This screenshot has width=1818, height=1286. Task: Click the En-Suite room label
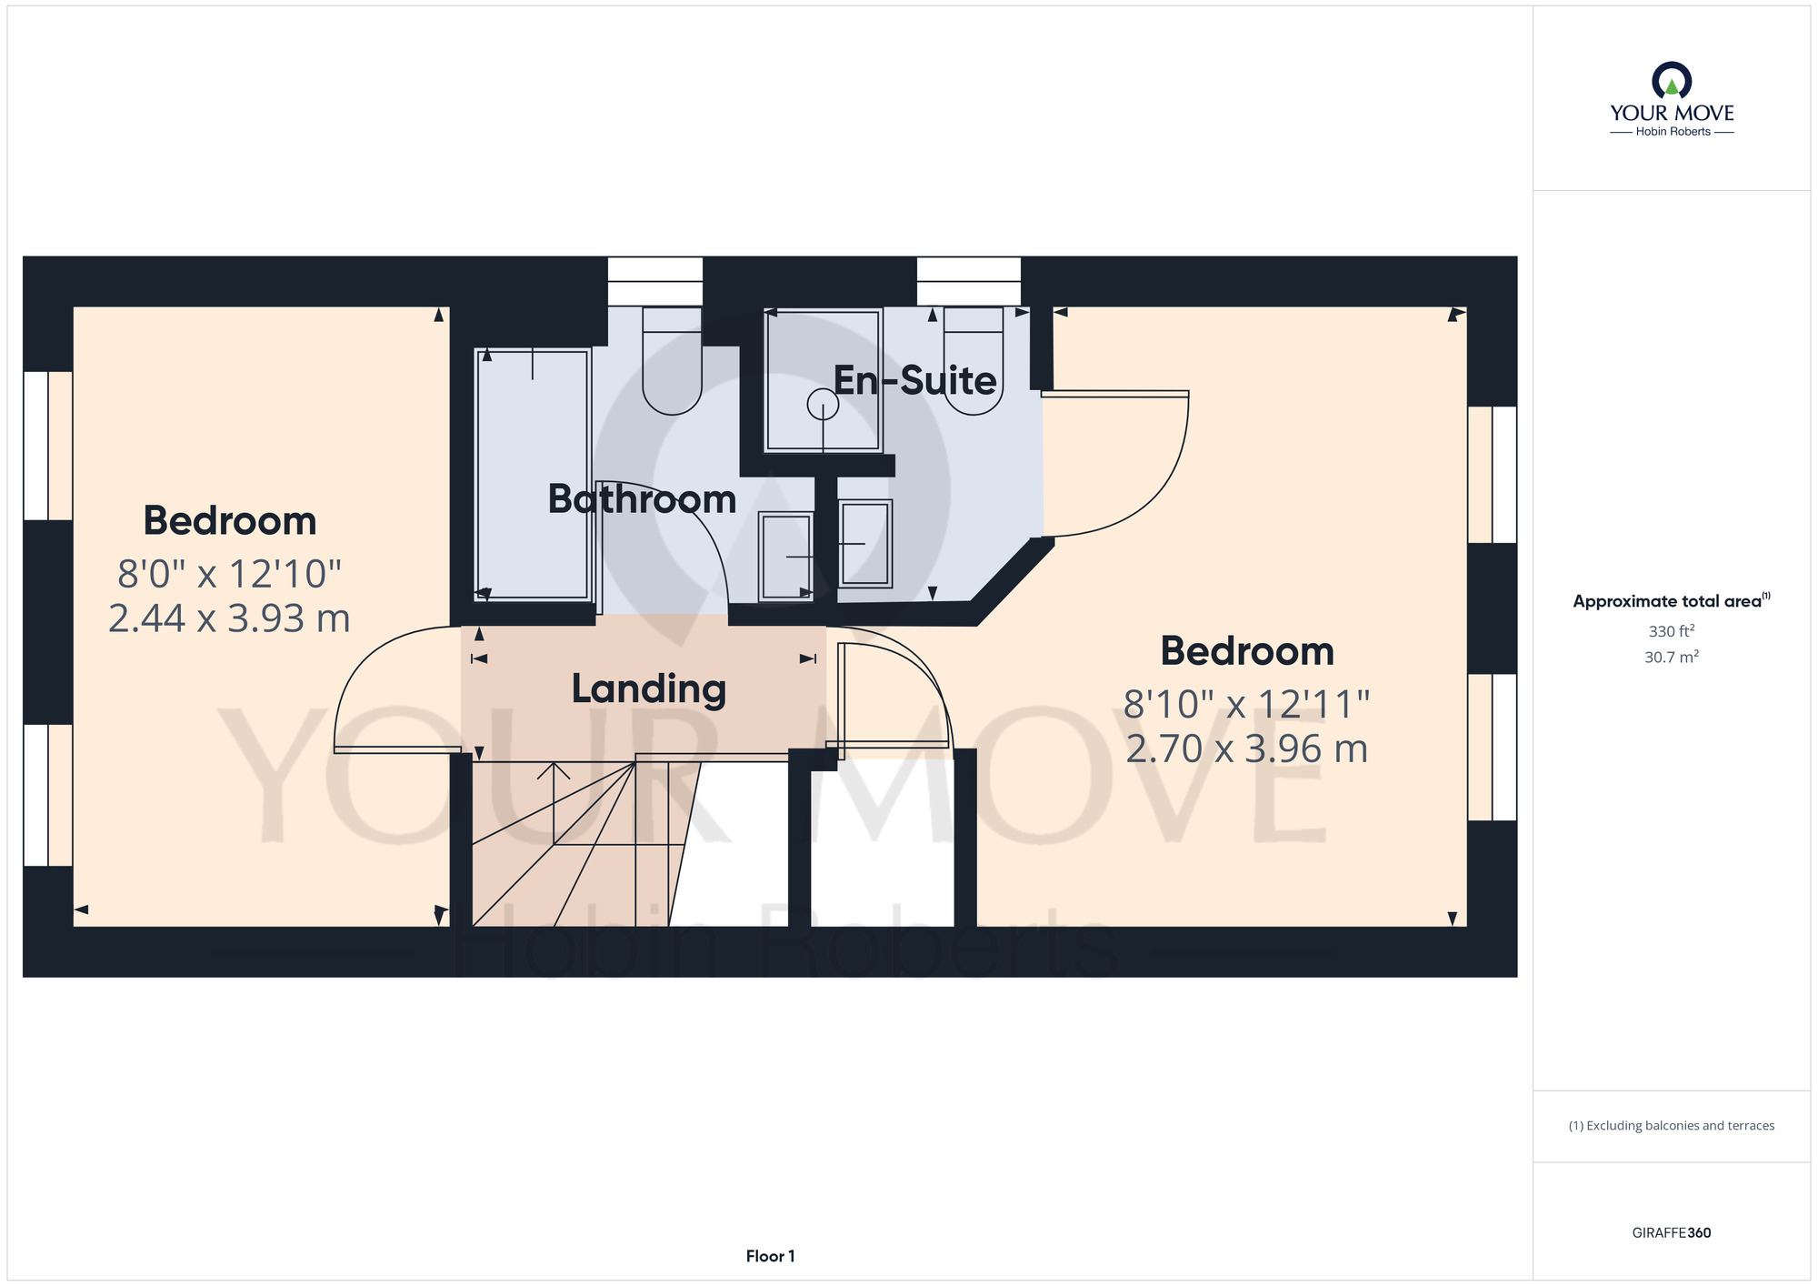[x=914, y=380]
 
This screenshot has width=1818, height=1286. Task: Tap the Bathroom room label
[x=642, y=499]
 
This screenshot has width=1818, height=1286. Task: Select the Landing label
[x=649, y=689]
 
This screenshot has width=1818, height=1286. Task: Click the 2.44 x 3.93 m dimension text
[x=229, y=618]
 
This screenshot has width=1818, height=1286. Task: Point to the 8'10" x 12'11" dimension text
[x=1246, y=704]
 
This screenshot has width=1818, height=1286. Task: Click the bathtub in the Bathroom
[x=533, y=474]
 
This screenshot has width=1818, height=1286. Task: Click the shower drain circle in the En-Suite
[x=823, y=404]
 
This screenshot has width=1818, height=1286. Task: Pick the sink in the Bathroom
[x=786, y=557]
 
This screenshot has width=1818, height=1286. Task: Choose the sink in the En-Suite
[x=865, y=544]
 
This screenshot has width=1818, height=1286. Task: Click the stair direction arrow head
[x=554, y=771]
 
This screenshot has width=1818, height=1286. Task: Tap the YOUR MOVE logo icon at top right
[x=1672, y=80]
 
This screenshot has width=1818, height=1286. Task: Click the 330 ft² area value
[x=1672, y=630]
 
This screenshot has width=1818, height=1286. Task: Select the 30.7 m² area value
[x=1672, y=657]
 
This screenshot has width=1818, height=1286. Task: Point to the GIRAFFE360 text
[x=1672, y=1233]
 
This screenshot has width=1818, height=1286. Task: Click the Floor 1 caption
[x=770, y=1256]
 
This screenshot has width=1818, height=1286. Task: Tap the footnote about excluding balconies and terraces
[x=1672, y=1126]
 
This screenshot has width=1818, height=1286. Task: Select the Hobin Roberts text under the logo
[x=1673, y=131]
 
